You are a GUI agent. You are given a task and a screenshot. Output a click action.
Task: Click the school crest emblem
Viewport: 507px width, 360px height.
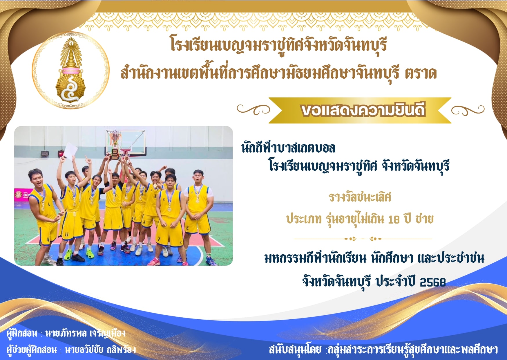coord(71,70)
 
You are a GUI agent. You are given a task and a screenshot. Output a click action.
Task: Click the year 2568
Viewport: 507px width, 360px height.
coord(432,282)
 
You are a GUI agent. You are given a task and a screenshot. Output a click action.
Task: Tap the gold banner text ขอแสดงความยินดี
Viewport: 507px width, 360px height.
coord(363,110)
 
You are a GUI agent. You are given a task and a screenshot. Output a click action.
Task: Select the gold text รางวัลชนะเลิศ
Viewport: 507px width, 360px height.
coord(360,197)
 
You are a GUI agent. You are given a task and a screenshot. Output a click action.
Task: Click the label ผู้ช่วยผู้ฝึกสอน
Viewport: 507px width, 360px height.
coord(32,349)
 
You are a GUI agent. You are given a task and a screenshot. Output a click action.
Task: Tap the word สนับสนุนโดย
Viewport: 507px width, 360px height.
coord(295,349)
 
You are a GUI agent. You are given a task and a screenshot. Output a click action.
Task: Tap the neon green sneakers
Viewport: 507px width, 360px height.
coord(89,253)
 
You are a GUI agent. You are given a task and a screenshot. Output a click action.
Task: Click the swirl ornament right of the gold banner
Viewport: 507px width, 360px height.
coord(468,110)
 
